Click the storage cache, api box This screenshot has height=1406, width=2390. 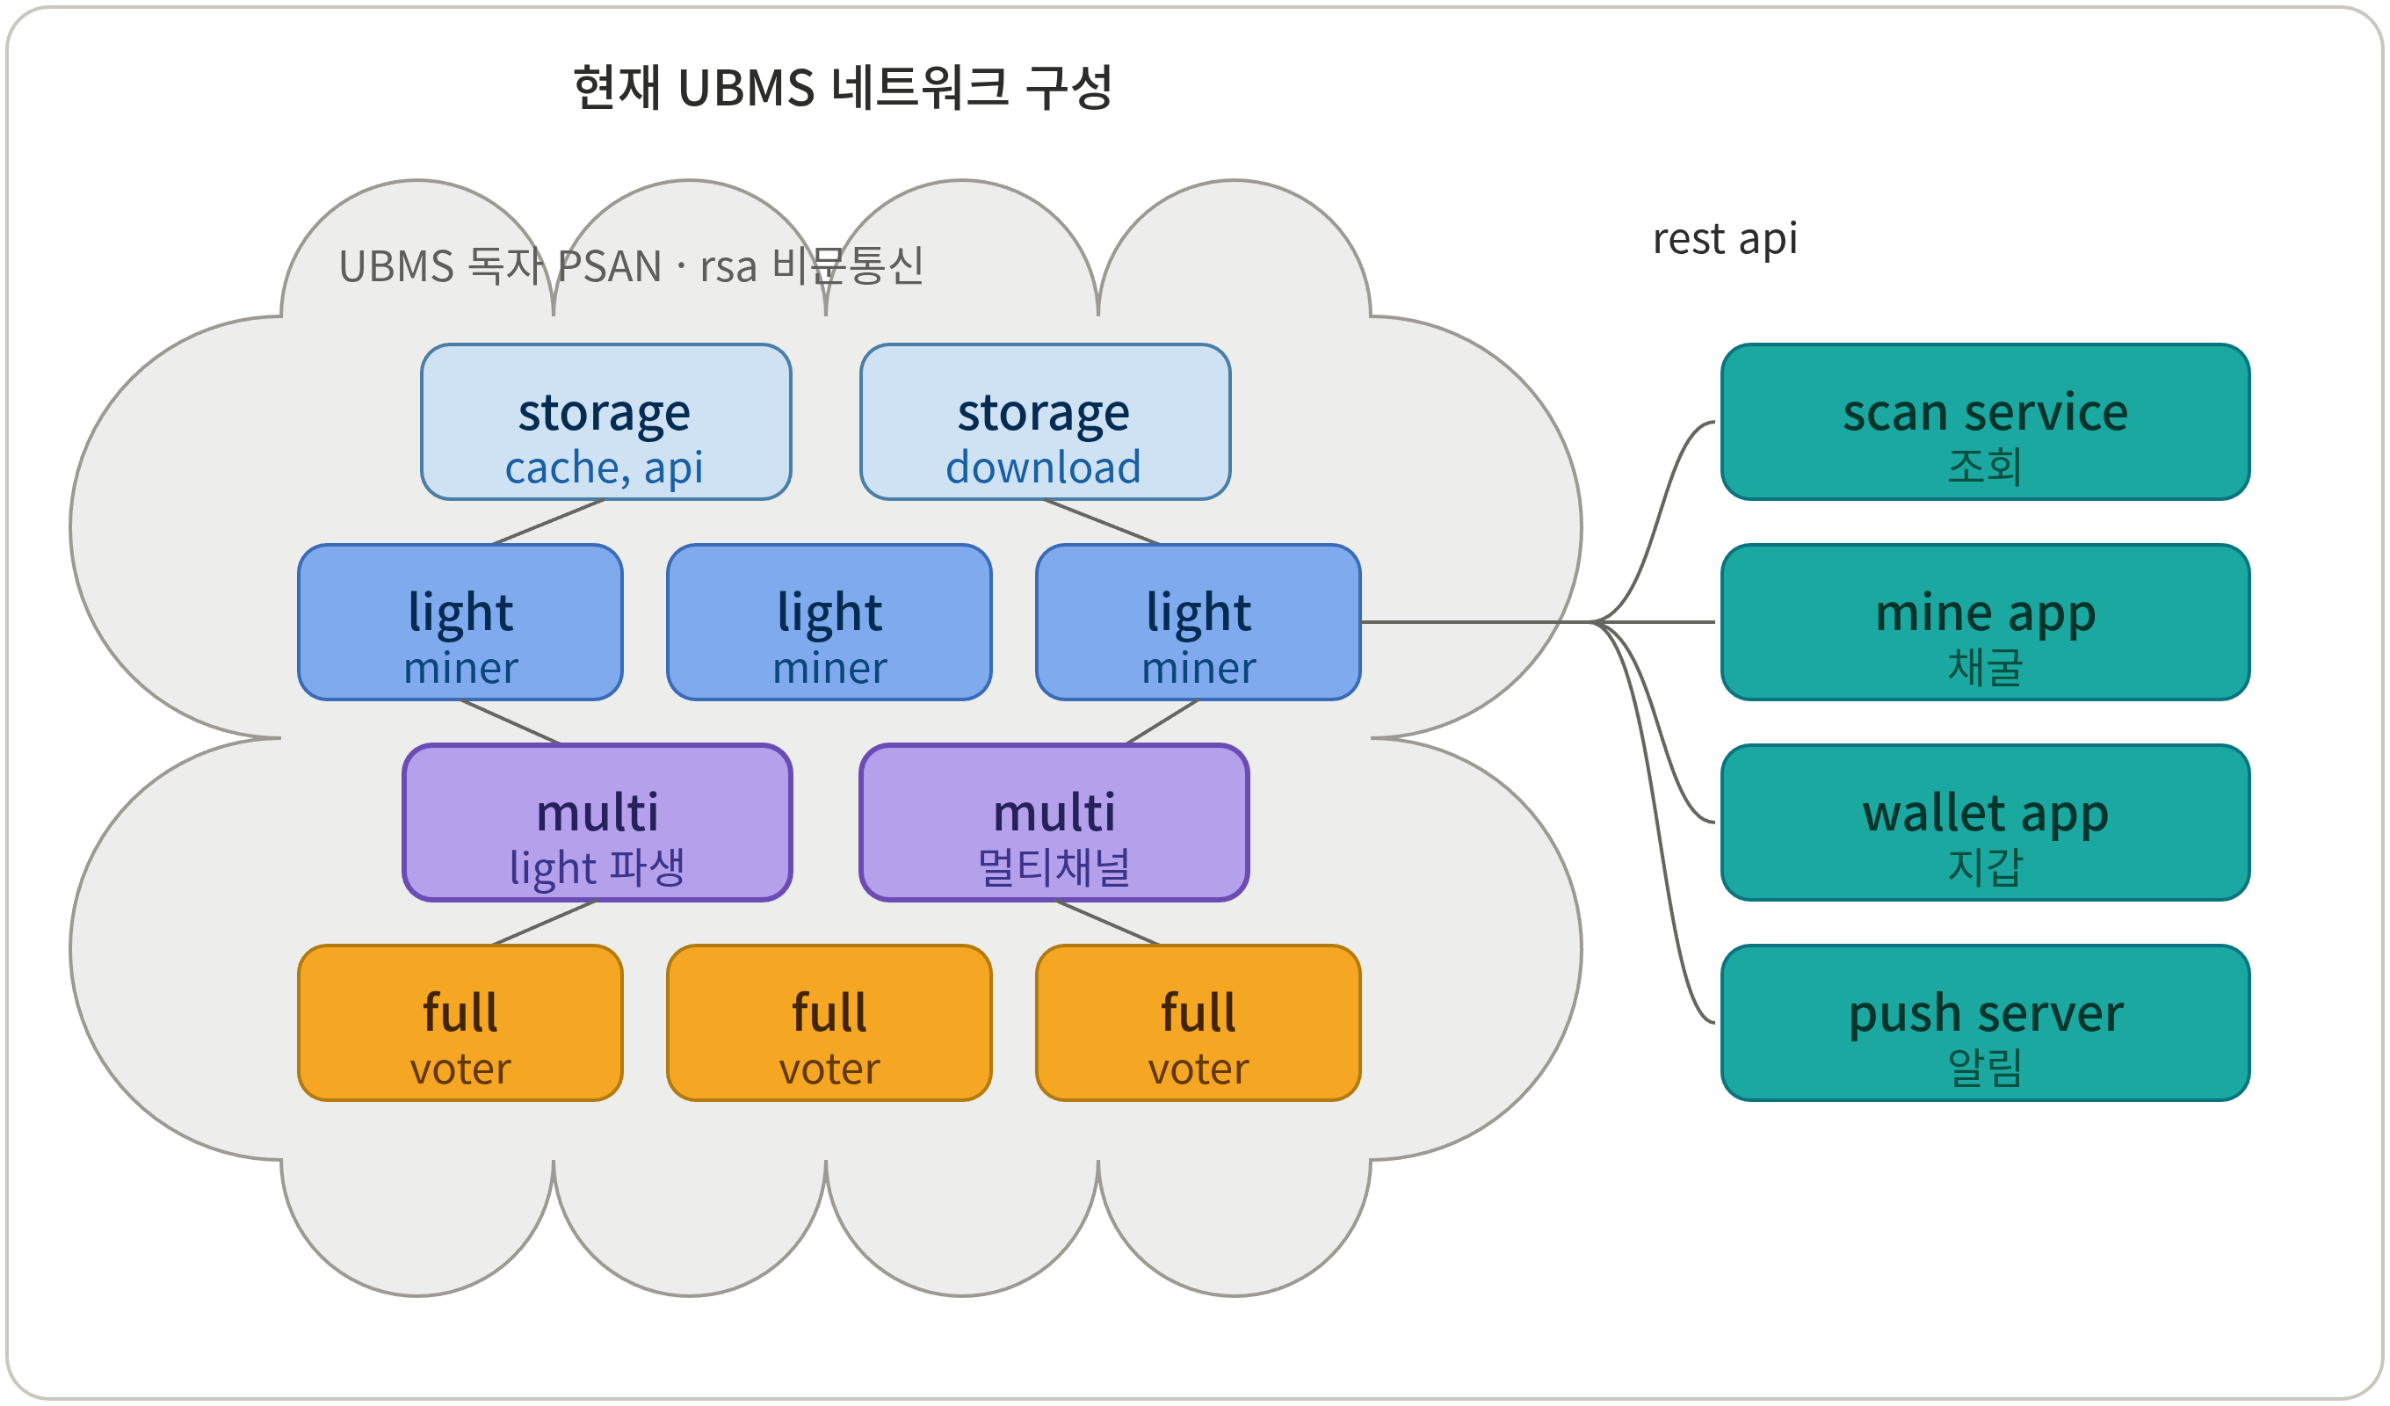tap(606, 421)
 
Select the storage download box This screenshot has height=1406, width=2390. tap(1045, 421)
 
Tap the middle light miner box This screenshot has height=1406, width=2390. tap(829, 622)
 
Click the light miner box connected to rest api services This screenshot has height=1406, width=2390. tap(1198, 622)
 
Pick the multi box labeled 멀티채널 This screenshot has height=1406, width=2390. tap(1054, 823)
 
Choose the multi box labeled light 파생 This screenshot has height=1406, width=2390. tap(597, 823)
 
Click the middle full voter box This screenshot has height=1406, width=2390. tap(829, 1023)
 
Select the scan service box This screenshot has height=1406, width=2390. tap(1985, 421)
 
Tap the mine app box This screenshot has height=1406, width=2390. tap(1985, 622)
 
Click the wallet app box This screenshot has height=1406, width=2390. tap(1985, 823)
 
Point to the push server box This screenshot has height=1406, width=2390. tap(1985, 1023)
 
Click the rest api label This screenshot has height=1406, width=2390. tap(1724, 239)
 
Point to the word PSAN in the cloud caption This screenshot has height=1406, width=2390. tap(609, 266)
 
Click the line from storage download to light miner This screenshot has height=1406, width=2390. tap(1101, 522)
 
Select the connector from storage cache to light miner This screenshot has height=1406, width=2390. tap(548, 522)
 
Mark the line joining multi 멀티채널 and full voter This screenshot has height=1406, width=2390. tap(1107, 922)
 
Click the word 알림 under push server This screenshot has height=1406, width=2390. tap(1985, 1068)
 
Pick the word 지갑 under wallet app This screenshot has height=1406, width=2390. tap(1985, 866)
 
